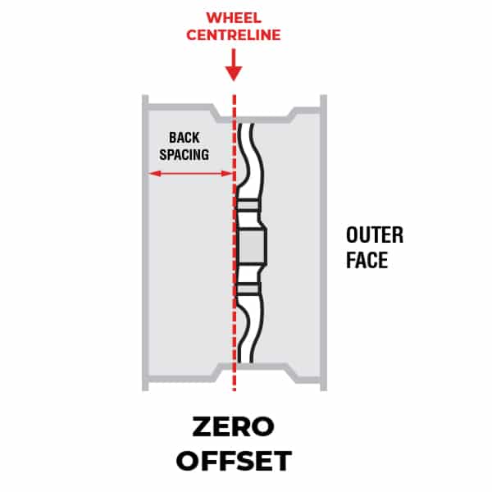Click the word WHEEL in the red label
(235, 17)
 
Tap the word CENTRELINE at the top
(235, 35)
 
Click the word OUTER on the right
(375, 235)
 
